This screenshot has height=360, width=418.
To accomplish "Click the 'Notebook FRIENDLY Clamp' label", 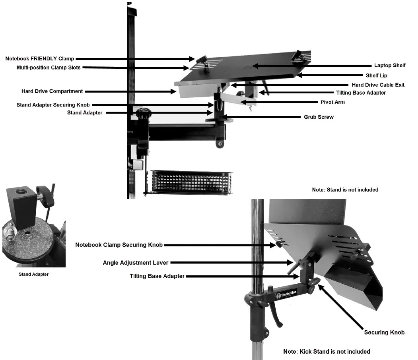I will point(40,59).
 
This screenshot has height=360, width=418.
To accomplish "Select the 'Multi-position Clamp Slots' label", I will point(49,68).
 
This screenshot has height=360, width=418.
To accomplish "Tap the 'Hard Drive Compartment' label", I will point(52,91).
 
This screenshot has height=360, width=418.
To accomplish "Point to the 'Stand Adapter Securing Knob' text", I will point(53,105).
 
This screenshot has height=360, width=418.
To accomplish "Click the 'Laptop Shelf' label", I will point(389,66).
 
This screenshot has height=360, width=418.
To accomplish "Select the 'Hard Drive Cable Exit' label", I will point(378,85).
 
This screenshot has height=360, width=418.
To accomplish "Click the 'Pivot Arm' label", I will point(332,102).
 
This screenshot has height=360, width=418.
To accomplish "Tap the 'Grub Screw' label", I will point(319,117).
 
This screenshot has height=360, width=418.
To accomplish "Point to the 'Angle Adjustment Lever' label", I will point(136,263).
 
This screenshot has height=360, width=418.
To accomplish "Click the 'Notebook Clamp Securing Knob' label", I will point(119,245).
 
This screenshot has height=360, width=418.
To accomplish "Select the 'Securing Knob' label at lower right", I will point(384,332).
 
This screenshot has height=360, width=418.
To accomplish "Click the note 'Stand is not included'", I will point(345,190).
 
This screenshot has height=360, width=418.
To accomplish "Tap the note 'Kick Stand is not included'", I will point(327,352).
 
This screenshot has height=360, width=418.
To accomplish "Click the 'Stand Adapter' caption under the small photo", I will point(33,274).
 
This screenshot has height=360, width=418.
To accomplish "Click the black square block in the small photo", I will point(22,207).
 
